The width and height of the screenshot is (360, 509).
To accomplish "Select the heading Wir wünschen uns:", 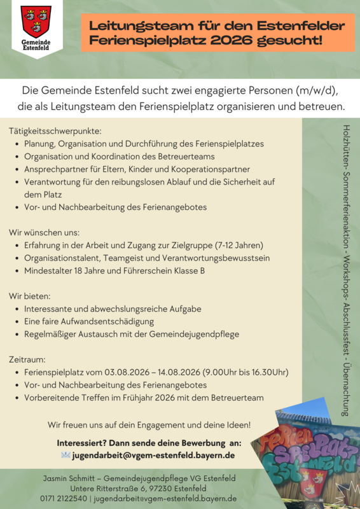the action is point(44,232).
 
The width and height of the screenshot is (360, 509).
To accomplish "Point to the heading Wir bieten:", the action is point(29,296).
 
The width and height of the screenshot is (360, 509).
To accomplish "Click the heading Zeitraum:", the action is point(27,359).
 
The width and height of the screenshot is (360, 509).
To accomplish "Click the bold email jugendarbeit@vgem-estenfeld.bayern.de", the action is point(153,456).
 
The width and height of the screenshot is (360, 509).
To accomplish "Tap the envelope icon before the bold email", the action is point(65,456).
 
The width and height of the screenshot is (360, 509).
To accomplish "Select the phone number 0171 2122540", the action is point(64,499).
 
